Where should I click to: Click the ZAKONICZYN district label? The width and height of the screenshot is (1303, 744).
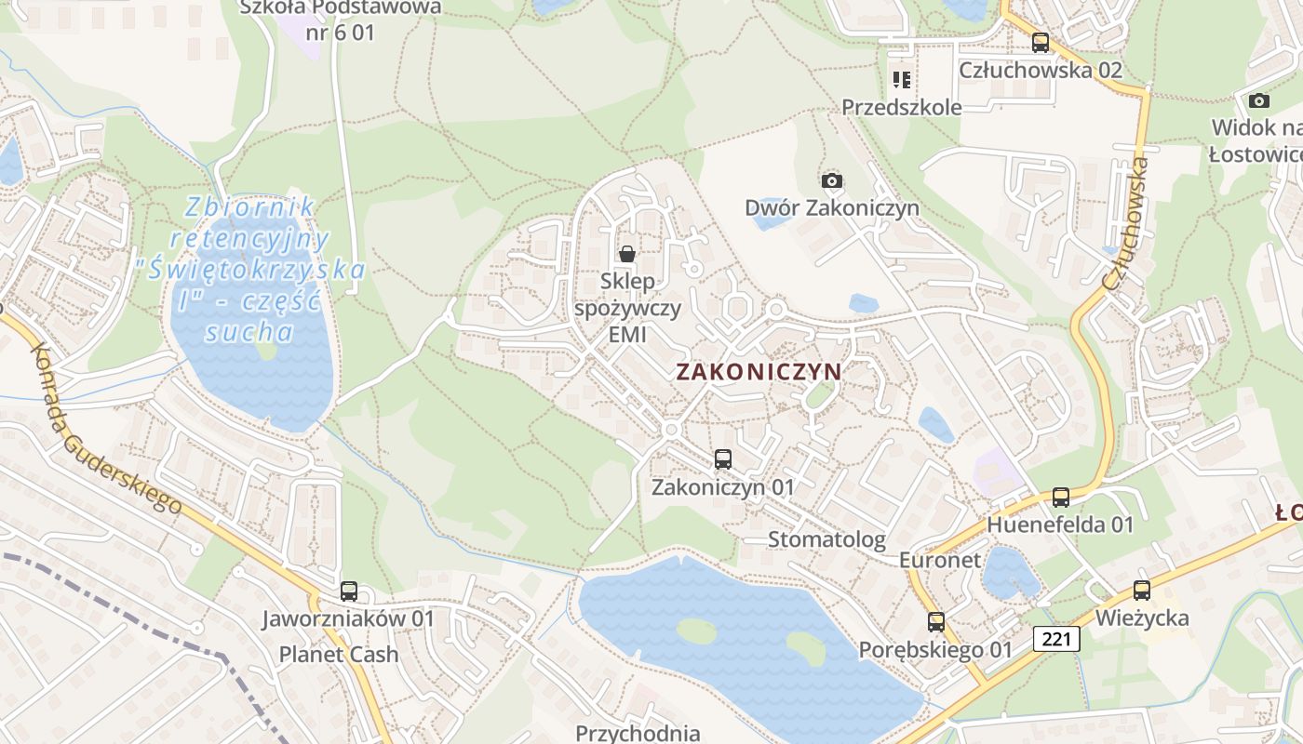(759, 372)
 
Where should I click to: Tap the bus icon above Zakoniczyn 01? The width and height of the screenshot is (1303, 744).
(723, 458)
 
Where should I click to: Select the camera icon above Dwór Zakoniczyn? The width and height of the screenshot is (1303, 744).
(832, 179)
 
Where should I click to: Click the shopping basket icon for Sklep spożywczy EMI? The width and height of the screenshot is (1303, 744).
(628, 253)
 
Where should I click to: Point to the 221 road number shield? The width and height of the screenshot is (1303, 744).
(1056, 639)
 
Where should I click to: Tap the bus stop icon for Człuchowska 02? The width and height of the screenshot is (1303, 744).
(1041, 42)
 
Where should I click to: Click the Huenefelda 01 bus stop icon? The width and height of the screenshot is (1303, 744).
(1061, 497)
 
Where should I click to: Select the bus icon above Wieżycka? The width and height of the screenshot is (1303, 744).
(1142, 590)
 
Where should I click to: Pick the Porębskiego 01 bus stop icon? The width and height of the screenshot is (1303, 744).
(936, 621)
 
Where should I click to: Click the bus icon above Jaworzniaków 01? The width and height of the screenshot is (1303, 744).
(349, 591)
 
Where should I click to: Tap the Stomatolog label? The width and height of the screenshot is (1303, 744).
(826, 539)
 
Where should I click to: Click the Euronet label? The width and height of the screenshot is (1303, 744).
(940, 560)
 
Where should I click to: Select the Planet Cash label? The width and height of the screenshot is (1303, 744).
(339, 655)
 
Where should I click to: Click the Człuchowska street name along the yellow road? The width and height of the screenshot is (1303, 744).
(1125, 223)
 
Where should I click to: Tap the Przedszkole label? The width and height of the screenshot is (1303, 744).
(902, 107)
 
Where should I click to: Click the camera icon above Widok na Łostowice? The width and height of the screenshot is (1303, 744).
(1259, 100)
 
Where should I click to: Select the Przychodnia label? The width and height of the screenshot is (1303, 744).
(638, 733)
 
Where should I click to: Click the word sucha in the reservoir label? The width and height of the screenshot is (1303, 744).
(249, 332)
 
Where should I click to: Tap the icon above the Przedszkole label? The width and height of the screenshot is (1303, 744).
(901, 79)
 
